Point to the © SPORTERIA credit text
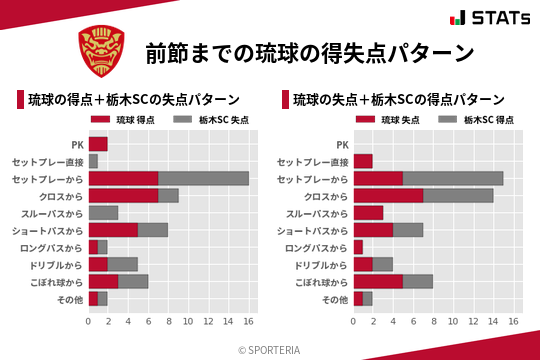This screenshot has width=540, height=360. click(x=269, y=350)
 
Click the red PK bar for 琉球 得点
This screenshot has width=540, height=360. click(x=98, y=144)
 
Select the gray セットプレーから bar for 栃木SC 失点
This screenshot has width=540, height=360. click(x=203, y=178)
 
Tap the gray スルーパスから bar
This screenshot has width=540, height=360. click(x=103, y=212)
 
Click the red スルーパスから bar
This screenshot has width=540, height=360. click(x=368, y=212)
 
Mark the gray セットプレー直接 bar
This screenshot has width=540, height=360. click(x=93, y=161)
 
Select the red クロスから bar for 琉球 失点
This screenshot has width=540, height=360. click(x=388, y=195)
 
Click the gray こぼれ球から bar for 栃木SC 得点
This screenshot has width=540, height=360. click(x=418, y=281)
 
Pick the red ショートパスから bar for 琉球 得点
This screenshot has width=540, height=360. click(x=113, y=229)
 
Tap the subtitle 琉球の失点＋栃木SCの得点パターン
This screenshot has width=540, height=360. click(x=398, y=99)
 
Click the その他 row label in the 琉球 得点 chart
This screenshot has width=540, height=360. click(x=70, y=298)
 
